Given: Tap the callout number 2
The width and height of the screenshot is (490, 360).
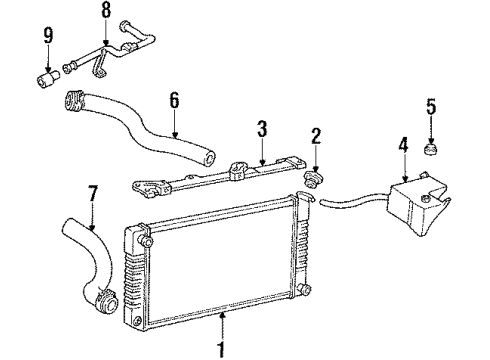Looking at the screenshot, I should click(x=315, y=135).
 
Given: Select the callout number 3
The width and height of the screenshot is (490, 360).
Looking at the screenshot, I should click(x=261, y=130).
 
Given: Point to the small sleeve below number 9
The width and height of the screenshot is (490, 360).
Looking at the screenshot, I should click(x=46, y=76).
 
